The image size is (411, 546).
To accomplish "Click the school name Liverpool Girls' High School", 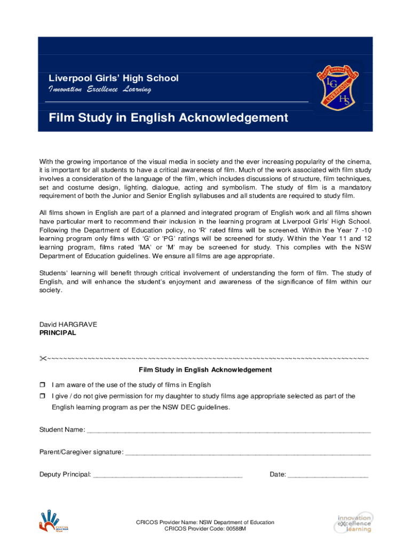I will point(114,78).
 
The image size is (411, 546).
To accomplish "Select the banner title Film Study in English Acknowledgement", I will point(168,117).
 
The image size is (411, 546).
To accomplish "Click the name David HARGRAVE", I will point(68,325).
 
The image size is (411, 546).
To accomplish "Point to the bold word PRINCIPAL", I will point(58,333).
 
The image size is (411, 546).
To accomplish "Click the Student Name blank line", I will point(228,431).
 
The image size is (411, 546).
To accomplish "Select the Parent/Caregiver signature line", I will point(248,453).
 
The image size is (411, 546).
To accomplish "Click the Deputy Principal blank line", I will point(168,476).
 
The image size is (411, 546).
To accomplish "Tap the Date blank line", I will point(328,476).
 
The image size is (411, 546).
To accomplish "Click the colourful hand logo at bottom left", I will point(53,520).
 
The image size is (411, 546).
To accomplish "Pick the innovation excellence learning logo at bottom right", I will point(354,523).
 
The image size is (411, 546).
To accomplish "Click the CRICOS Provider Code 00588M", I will point(205,529).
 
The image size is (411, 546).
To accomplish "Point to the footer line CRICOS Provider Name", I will point(205,523).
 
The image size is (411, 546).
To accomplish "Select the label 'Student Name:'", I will point(62,430).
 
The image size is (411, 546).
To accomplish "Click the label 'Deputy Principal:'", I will point(65,475).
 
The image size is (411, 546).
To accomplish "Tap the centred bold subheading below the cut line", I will point(205,370).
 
